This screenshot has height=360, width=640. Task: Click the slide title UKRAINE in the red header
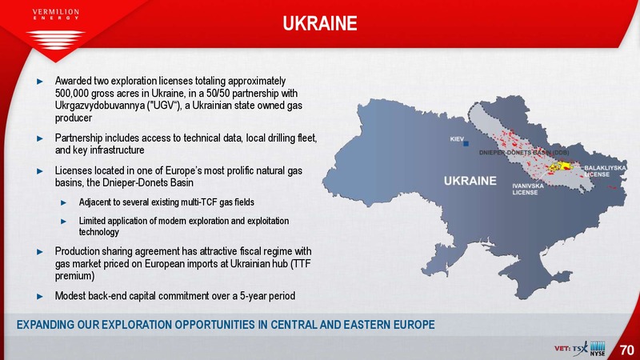coord(320,23)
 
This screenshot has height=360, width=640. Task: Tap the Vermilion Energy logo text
coord(55,14)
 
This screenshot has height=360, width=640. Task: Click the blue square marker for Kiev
coord(466,144)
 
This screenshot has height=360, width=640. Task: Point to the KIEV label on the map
coord(457,139)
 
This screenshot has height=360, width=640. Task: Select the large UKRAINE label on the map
coord(470,181)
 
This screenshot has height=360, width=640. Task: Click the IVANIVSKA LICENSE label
coord(528,189)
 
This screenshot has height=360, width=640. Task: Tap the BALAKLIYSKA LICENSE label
coord(605,171)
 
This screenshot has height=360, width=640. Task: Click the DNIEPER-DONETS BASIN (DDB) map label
coord(524,153)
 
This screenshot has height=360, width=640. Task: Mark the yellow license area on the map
coord(561,166)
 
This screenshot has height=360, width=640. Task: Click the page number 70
coord(627,350)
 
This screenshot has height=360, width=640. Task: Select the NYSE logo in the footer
coord(598,349)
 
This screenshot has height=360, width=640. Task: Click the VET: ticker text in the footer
coord(562,349)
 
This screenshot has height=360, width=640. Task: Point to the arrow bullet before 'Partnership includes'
coord(40,138)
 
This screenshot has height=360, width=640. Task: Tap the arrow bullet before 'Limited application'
coord(64,222)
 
